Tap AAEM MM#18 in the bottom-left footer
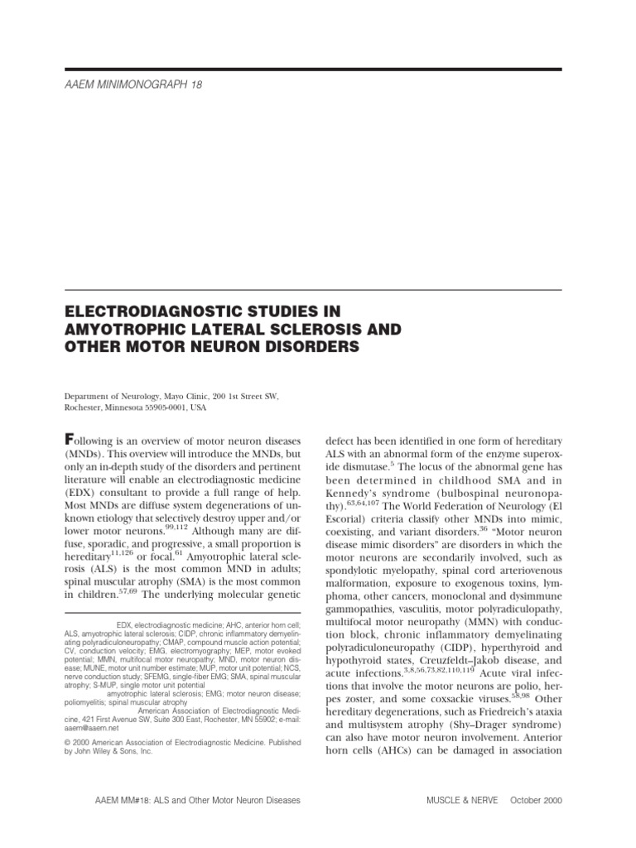point(94,801)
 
